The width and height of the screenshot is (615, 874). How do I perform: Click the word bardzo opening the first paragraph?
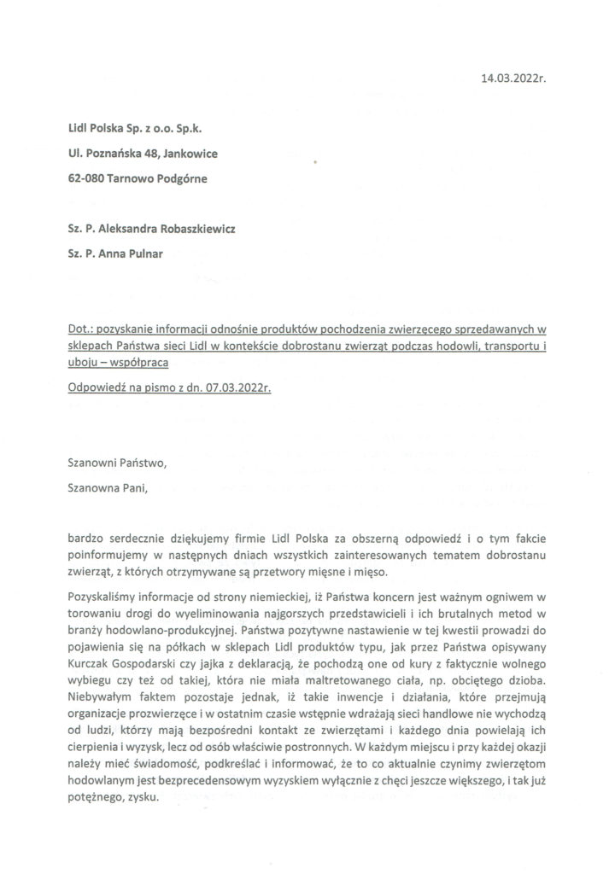(85, 539)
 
